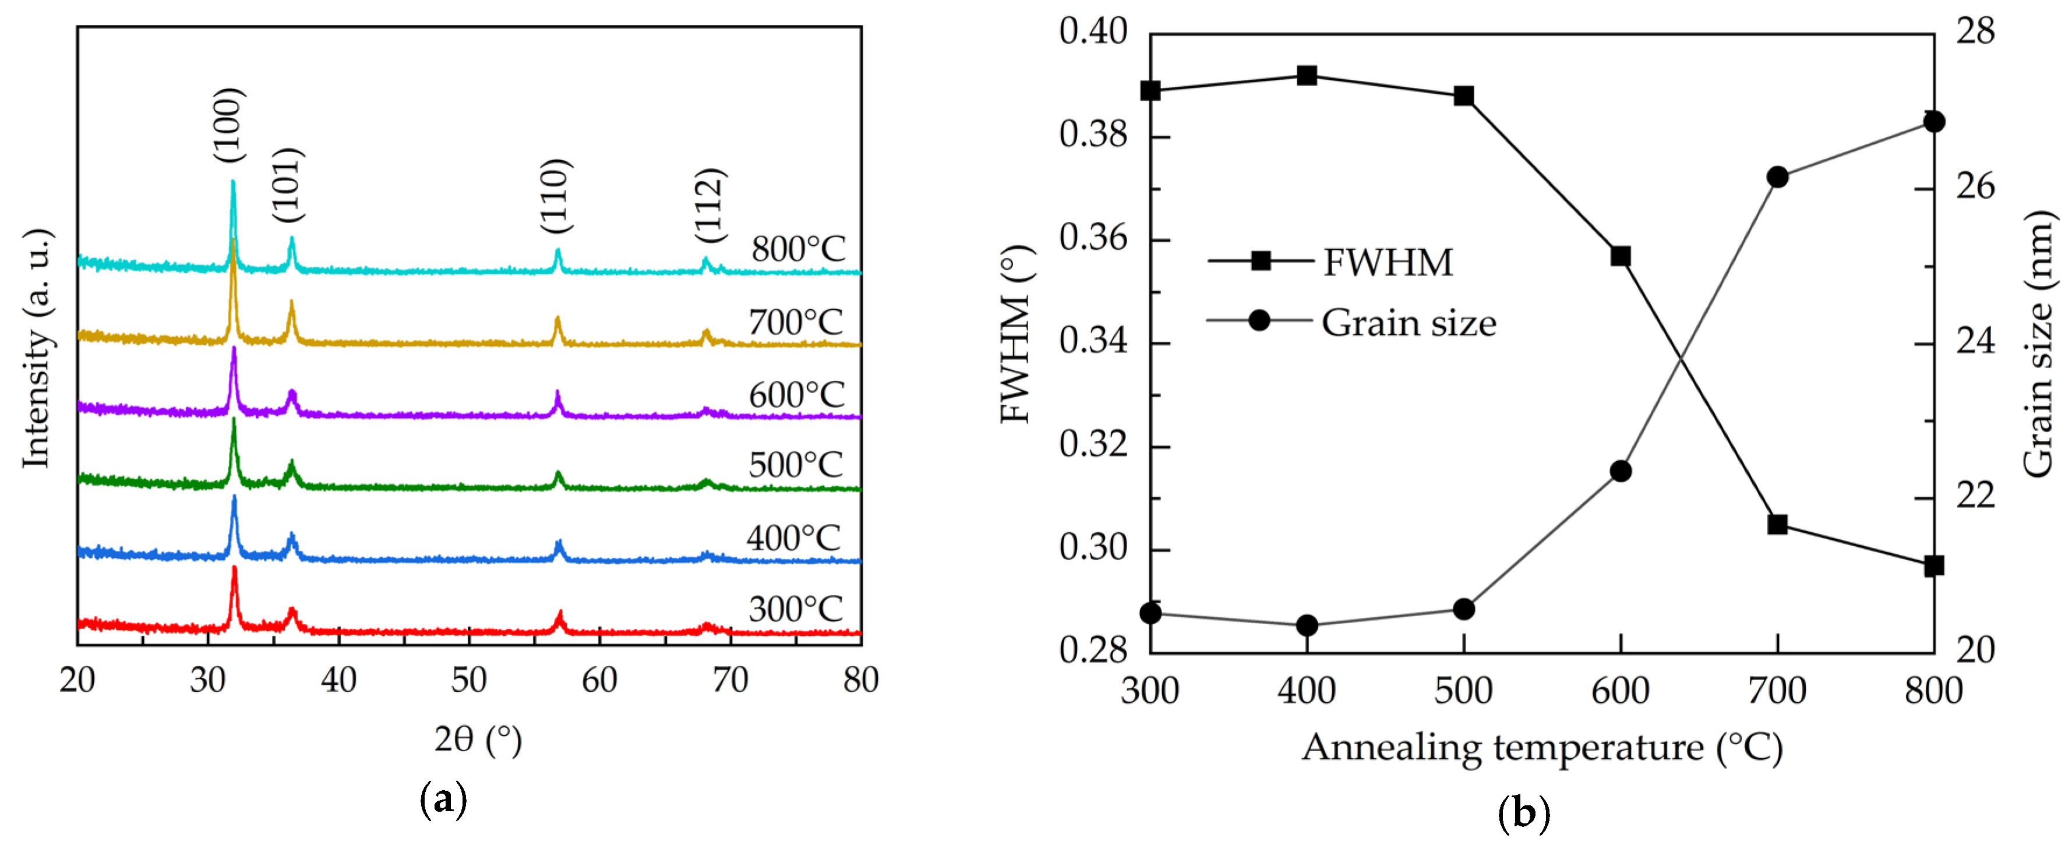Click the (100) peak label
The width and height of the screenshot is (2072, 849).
[228, 125]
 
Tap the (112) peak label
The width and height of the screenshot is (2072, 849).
[711, 205]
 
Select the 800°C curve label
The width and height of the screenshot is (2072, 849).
[798, 249]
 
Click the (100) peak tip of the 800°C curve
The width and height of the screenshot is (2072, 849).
[233, 182]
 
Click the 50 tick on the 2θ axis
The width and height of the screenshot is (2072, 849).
[468, 680]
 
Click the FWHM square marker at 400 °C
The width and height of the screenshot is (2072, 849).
[1307, 76]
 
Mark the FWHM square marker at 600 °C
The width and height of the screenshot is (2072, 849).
[1621, 256]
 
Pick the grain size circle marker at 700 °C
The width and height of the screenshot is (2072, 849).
[1778, 178]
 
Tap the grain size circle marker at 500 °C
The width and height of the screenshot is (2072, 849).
[1464, 610]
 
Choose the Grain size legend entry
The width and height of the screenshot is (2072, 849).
[1407, 323]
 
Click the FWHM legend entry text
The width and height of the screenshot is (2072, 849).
[1388, 263]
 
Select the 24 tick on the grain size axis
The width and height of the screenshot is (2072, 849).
[1975, 342]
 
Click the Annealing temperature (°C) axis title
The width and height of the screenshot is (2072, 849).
[1542, 748]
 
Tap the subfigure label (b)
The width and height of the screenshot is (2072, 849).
[1523, 813]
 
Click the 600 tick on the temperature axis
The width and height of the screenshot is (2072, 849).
[1620, 691]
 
